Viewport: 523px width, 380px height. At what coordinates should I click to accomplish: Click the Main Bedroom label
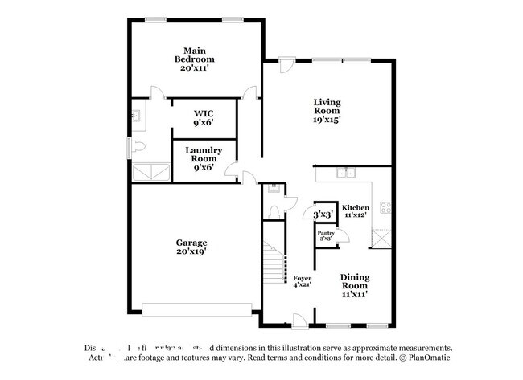(x=197, y=59)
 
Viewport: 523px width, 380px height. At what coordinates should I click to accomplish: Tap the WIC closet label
(x=203, y=118)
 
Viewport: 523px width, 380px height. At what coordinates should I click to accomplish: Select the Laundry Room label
(x=203, y=154)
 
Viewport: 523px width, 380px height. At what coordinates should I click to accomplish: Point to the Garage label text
(x=192, y=247)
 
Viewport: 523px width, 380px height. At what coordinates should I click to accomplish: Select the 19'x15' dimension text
(x=327, y=120)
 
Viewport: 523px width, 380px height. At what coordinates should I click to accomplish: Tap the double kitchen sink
(x=348, y=173)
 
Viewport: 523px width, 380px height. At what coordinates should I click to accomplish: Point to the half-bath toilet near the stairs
(x=274, y=211)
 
